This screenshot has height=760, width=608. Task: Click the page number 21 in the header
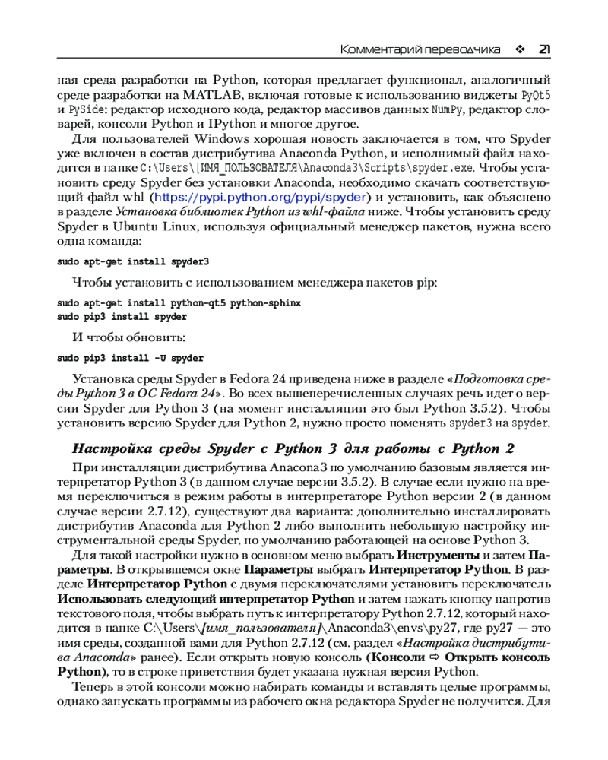[543, 49]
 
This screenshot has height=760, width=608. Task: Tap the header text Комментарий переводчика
[420, 49]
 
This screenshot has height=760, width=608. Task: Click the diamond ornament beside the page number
[520, 49]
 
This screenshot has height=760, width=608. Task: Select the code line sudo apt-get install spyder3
[133, 261]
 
